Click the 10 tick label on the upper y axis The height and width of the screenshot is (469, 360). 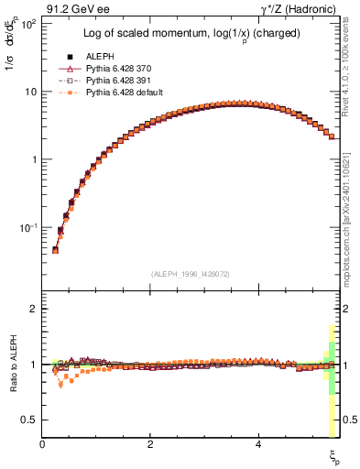coord(30,92)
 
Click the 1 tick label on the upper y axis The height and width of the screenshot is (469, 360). coord(33,159)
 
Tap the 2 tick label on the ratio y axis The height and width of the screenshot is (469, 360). coord(33,309)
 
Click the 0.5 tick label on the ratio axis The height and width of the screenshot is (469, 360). coord(29,420)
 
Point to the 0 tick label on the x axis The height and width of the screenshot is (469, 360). coord(42,443)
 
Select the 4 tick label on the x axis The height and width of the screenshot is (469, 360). coord(259,443)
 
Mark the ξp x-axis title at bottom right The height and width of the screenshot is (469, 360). coord(334,455)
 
